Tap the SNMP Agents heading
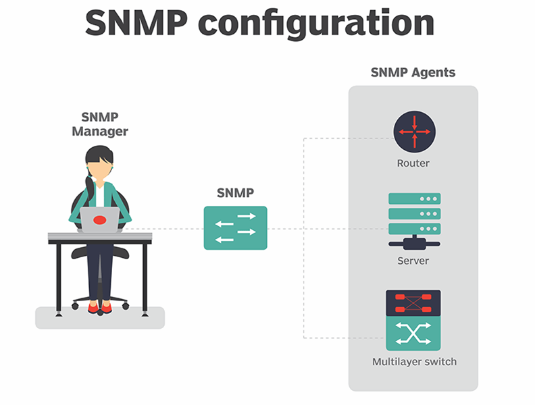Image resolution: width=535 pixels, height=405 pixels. coord(413,72)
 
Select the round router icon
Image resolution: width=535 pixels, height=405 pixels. coord(414,132)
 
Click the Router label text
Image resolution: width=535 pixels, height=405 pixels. coord(413,163)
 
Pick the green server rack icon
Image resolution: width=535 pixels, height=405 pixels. coord(414,214)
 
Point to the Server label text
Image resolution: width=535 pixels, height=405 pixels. coord(413,261)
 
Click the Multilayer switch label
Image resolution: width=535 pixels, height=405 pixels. coord(414,362)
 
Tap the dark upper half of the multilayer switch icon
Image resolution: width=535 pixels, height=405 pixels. coord(413,304)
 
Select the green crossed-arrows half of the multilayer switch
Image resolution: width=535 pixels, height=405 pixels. coord(413,333)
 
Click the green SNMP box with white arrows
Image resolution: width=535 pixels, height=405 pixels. coord(235,227)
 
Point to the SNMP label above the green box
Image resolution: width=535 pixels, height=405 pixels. coord(235,194)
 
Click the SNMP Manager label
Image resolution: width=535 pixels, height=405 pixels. coord(100,125)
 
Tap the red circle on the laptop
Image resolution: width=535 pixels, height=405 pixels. coord(99,219)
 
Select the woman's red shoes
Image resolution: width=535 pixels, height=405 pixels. coord(100,308)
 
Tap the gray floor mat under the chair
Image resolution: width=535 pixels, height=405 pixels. coord(54,319)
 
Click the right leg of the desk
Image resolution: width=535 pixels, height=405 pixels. coord(145,277)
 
